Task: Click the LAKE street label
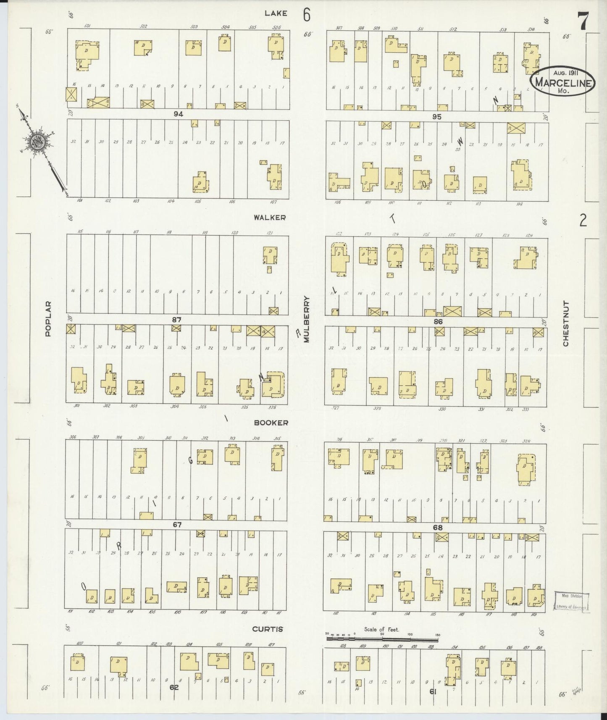276,13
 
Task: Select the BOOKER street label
271,423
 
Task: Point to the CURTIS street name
267,629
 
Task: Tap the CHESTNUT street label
565,323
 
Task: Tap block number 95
437,117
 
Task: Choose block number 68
438,527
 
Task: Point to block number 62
174,688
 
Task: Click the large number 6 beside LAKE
307,16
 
